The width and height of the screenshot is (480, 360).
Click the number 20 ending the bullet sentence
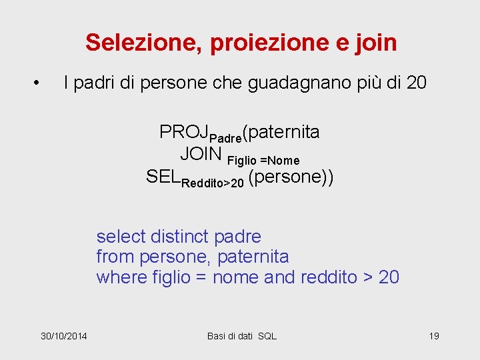coord(415,83)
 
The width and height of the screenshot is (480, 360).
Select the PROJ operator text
coord(184,132)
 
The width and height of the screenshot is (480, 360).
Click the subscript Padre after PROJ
coord(225,138)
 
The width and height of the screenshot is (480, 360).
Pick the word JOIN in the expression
coord(201,154)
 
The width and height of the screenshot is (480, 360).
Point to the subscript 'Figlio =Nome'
coord(263,161)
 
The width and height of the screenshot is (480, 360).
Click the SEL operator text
coord(163,177)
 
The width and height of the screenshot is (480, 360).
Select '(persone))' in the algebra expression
coord(291,177)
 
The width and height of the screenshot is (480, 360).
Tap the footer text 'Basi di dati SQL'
coord(241,336)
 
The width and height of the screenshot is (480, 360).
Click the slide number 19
coord(433,336)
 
